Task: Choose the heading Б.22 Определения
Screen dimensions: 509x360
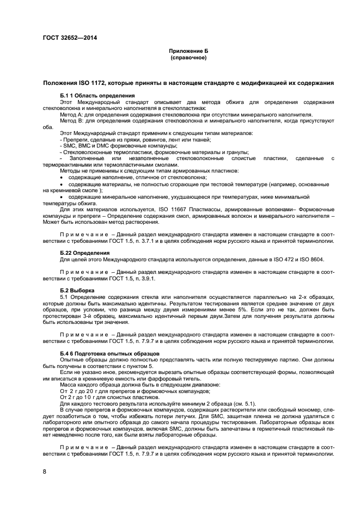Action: pyautogui.click(x=84, y=253)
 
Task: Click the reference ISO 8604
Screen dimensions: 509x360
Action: pyautogui.click(x=307, y=259)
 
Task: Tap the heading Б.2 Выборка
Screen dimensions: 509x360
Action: pyautogui.click(x=77, y=290)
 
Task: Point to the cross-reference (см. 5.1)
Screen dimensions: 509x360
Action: pyautogui.click(x=243, y=404)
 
